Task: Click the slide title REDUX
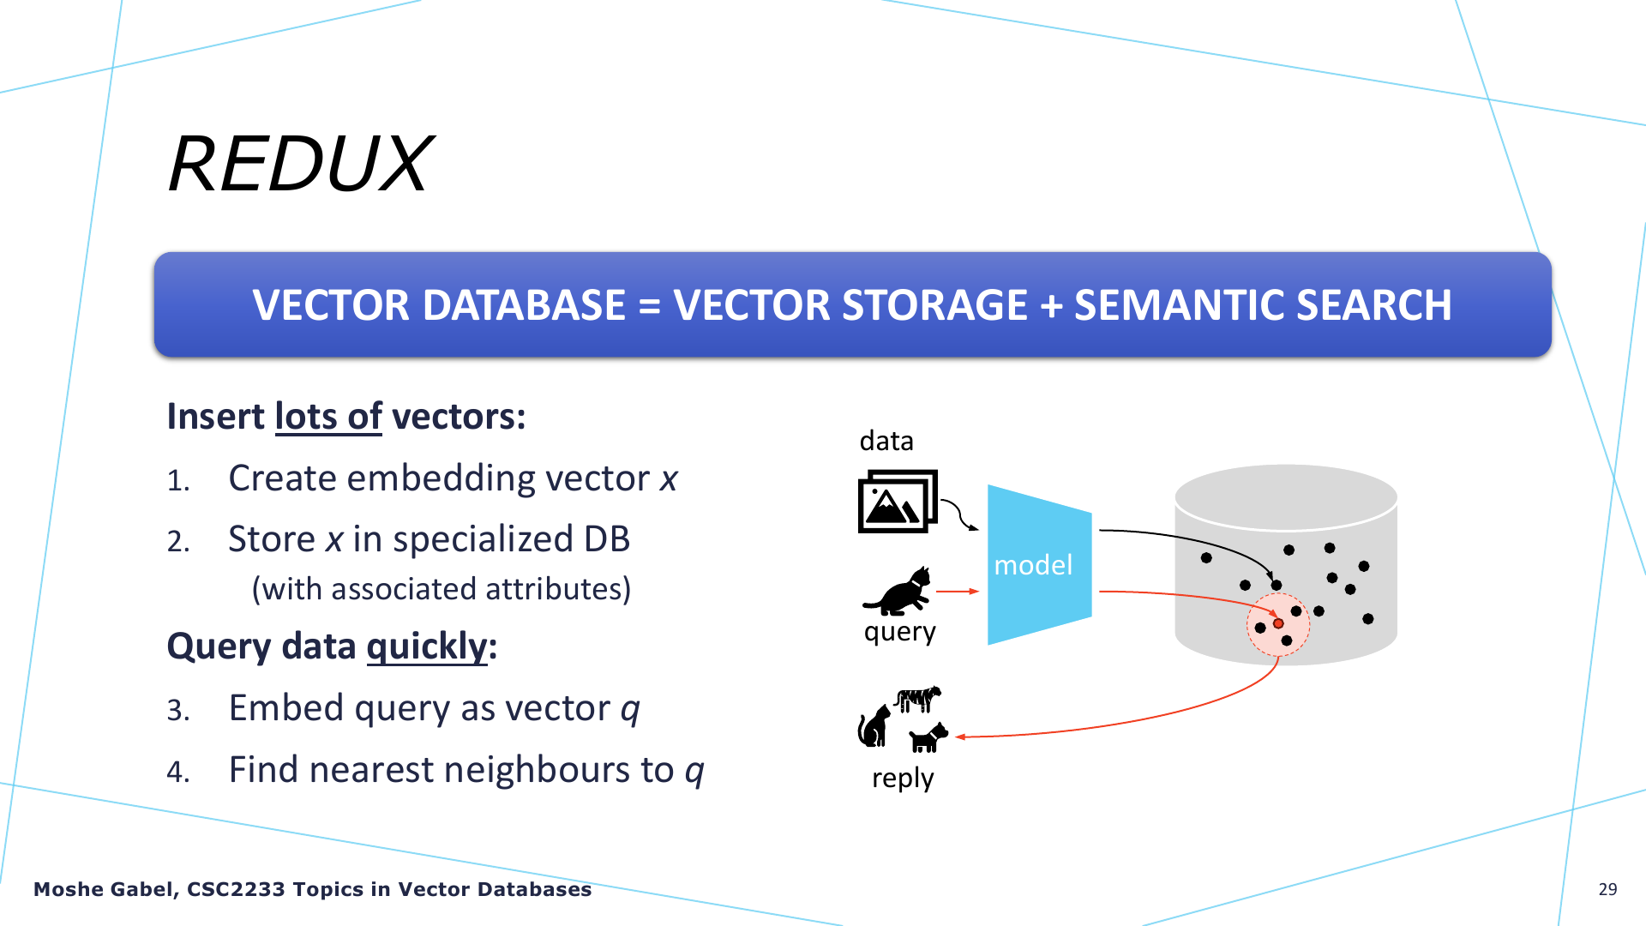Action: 301,164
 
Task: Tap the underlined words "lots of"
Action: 328,417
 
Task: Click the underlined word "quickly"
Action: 427,646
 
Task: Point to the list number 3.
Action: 178,711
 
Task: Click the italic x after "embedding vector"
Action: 669,479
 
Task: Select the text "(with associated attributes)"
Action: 442,590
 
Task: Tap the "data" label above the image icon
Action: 886,441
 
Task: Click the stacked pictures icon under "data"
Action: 898,501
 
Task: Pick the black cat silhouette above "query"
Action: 898,592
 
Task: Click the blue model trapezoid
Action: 1039,565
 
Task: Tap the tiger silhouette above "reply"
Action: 917,699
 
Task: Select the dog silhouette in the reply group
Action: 928,737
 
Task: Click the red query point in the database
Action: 1278,623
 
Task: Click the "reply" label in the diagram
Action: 903,779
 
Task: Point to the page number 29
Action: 1607,889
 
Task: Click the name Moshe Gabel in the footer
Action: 104,889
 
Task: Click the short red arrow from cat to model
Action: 958,591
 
